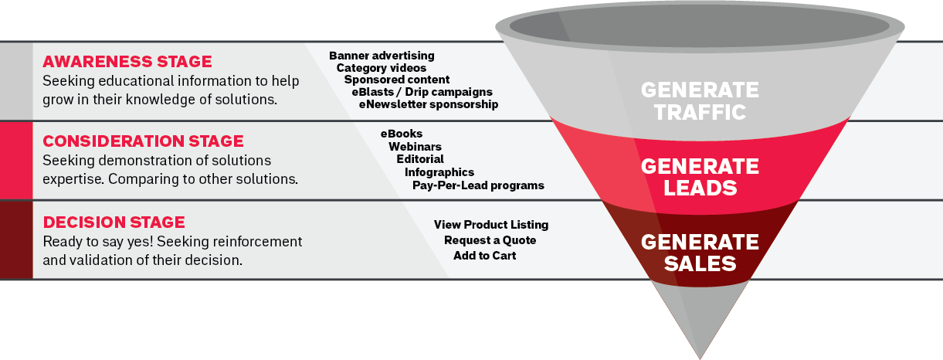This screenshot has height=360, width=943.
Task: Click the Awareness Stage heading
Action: [x=127, y=62]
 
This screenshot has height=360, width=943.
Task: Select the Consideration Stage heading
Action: [x=143, y=141]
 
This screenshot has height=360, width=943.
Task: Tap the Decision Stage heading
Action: [x=114, y=222]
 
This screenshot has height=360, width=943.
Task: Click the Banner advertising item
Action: [x=382, y=56]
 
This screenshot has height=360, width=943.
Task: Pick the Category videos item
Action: [x=382, y=68]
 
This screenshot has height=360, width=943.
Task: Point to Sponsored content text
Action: [x=397, y=80]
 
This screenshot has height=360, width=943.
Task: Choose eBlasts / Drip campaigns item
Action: [x=422, y=92]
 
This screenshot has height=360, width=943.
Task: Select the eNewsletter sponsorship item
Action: [x=429, y=104]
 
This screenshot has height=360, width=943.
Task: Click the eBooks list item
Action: [x=402, y=134]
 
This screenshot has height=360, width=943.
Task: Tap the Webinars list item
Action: [x=415, y=147]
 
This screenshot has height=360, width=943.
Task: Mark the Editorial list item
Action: [x=420, y=159]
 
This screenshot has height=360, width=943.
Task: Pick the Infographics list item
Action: [x=439, y=172]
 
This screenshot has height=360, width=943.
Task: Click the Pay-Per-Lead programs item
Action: [x=478, y=185]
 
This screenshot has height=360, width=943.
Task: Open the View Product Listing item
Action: [x=491, y=225]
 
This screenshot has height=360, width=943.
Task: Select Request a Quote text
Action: [x=490, y=240]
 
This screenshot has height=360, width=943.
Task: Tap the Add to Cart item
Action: [x=485, y=256]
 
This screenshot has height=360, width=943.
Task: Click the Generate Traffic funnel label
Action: [x=700, y=100]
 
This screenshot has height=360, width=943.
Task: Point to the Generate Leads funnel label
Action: [x=700, y=177]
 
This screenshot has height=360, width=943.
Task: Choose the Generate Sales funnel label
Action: [x=700, y=253]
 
